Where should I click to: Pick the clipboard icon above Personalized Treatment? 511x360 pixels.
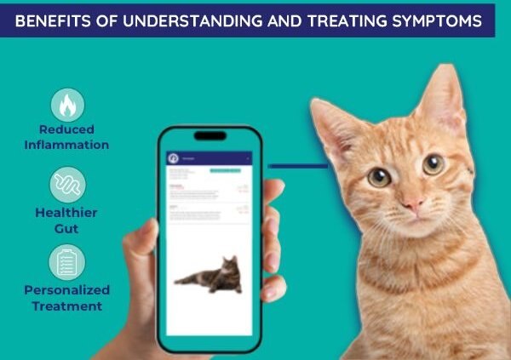pos(67,261)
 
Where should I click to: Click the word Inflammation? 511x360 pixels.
pos(67,145)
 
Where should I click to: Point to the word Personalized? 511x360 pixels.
pos(67,290)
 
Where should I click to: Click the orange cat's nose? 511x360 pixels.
pos(414,203)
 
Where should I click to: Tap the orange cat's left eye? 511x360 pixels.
pos(380,177)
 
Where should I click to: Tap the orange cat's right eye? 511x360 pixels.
pos(433,164)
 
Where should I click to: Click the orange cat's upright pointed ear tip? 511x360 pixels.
pos(444,68)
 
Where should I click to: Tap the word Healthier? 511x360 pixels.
pos(67,213)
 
